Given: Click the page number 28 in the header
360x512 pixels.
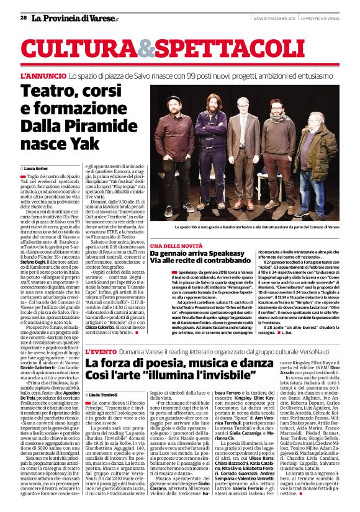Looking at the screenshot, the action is pos(23,18).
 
